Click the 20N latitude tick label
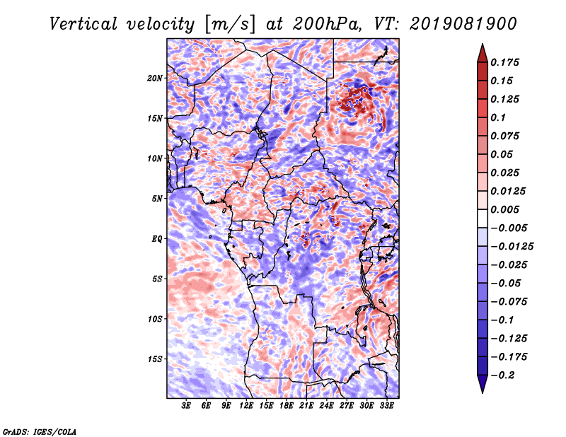[x=155, y=78]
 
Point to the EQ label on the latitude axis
[x=156, y=239]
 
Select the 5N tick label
[x=157, y=199]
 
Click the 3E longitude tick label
[x=186, y=406]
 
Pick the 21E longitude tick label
[x=306, y=406]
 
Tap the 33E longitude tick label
[x=386, y=406]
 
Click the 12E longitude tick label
[x=246, y=406]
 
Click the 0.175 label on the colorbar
[x=504, y=62]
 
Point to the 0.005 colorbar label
[x=504, y=209]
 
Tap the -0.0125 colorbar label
[x=512, y=247]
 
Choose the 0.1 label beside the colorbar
[x=498, y=117]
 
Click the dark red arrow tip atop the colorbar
[x=483, y=45]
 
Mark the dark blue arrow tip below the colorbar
[x=483, y=392]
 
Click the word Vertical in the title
[x=83, y=24]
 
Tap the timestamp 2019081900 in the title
[x=463, y=24]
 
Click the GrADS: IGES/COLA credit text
[x=40, y=432]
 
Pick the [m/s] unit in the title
[x=230, y=24]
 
